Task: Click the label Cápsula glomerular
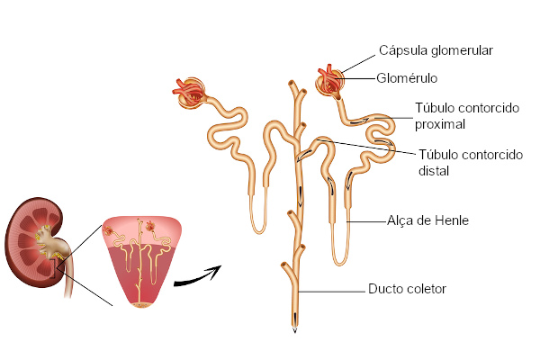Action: point(436,51)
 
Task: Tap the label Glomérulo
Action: point(407,78)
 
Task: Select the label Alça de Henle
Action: point(427,220)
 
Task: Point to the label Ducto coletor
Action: point(407,289)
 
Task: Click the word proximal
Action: point(440,124)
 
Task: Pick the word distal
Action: point(434,171)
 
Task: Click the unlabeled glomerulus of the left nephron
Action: point(189,93)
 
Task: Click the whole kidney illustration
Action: point(34,242)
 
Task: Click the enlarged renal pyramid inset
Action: point(141,262)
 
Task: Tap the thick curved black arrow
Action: point(197,276)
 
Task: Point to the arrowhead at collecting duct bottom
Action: point(294,330)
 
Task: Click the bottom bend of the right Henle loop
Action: point(340,263)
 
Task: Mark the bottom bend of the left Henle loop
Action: point(258,231)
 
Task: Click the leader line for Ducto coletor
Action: point(331,292)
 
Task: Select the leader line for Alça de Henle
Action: point(366,221)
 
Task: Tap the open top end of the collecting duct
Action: point(292,83)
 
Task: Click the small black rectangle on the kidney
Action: point(53,269)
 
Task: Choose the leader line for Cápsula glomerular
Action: point(358,64)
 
